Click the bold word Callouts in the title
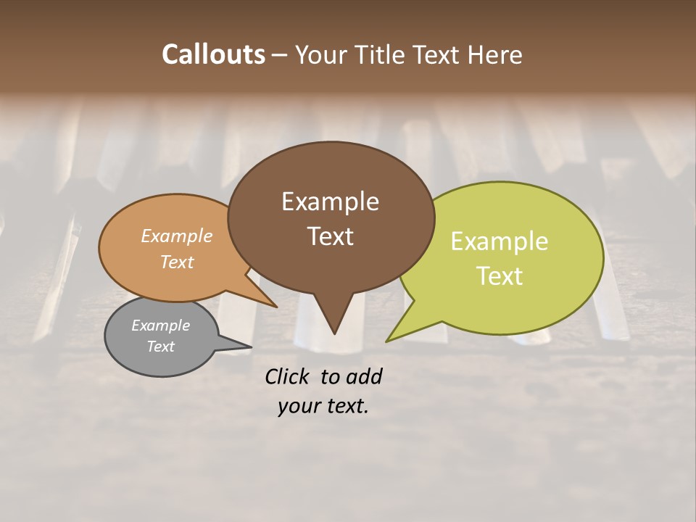click(x=214, y=54)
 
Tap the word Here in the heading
click(x=495, y=54)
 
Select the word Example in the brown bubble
click(x=330, y=202)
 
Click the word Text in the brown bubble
click(x=330, y=236)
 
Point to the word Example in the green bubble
click(x=500, y=241)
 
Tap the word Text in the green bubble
click(x=500, y=276)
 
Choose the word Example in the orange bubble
click(x=177, y=236)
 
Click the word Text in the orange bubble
click(x=177, y=262)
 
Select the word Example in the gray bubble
click(x=160, y=326)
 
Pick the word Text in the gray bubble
click(x=160, y=347)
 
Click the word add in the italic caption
click(x=364, y=376)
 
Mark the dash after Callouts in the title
click(x=280, y=55)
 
